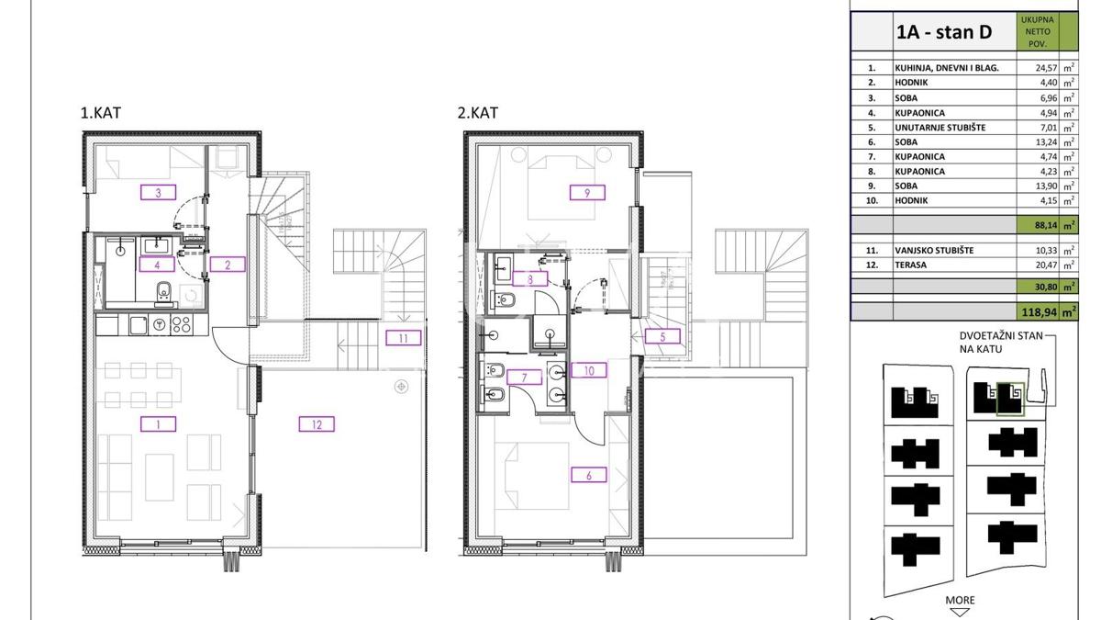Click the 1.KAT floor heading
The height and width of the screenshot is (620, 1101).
coord(100,113)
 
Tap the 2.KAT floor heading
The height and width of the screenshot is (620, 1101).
coord(477,113)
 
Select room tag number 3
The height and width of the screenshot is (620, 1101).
coord(158,192)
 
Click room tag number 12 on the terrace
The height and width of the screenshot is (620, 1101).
coord(317,424)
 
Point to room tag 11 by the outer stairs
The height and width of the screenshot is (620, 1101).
coord(404,338)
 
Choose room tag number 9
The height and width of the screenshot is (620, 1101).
coord(587,192)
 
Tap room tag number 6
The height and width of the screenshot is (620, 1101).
coord(589,475)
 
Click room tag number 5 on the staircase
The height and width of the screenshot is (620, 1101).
coord(662,337)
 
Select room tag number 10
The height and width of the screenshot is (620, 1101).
coord(589,370)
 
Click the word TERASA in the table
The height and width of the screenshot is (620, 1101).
coord(911,265)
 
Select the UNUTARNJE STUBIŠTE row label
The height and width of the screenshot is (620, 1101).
coord(940,128)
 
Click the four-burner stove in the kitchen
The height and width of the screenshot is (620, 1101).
coord(182,325)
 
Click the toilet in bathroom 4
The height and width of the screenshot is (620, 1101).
coord(163,293)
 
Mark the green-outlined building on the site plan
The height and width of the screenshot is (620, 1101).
coord(1010,399)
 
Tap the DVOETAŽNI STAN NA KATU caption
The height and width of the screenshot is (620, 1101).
coord(1001,343)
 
